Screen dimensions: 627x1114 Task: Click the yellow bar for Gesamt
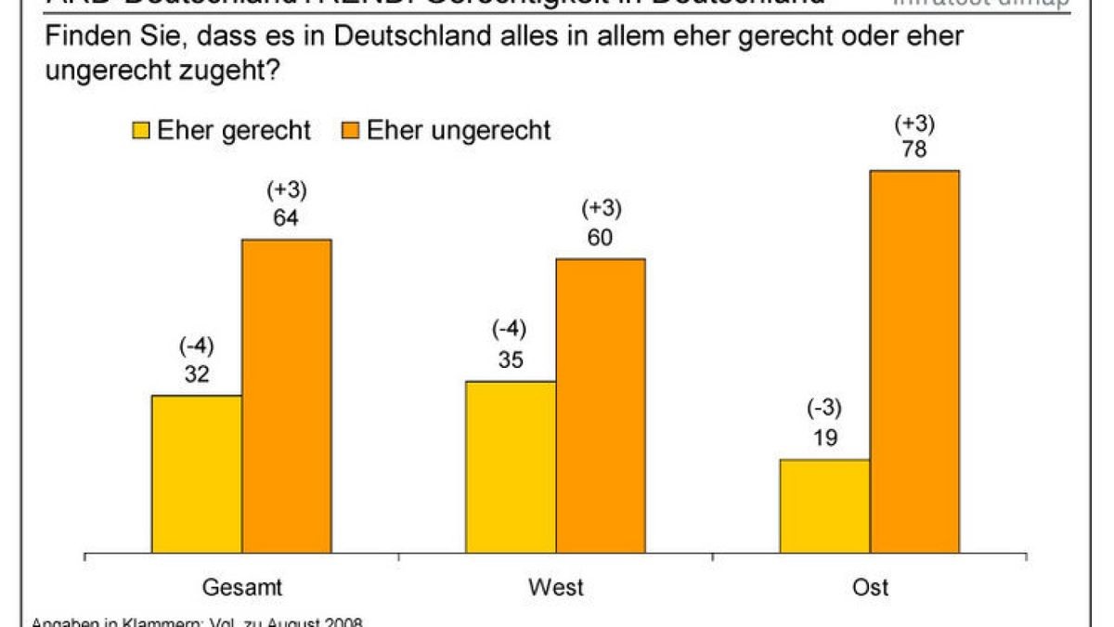tap(197, 475)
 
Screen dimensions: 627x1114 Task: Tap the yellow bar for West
tap(511, 467)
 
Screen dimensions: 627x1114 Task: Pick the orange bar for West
tap(601, 406)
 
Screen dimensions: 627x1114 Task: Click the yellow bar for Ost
tap(824, 506)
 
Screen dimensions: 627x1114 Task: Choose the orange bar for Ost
tap(914, 362)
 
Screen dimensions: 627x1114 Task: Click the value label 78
tap(914, 149)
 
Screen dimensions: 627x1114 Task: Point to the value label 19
tap(824, 438)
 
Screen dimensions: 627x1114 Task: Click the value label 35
tap(511, 359)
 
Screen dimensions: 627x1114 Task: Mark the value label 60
tap(601, 237)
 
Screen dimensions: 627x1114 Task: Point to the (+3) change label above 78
tap(914, 123)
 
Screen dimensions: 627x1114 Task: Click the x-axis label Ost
tap(869, 587)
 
